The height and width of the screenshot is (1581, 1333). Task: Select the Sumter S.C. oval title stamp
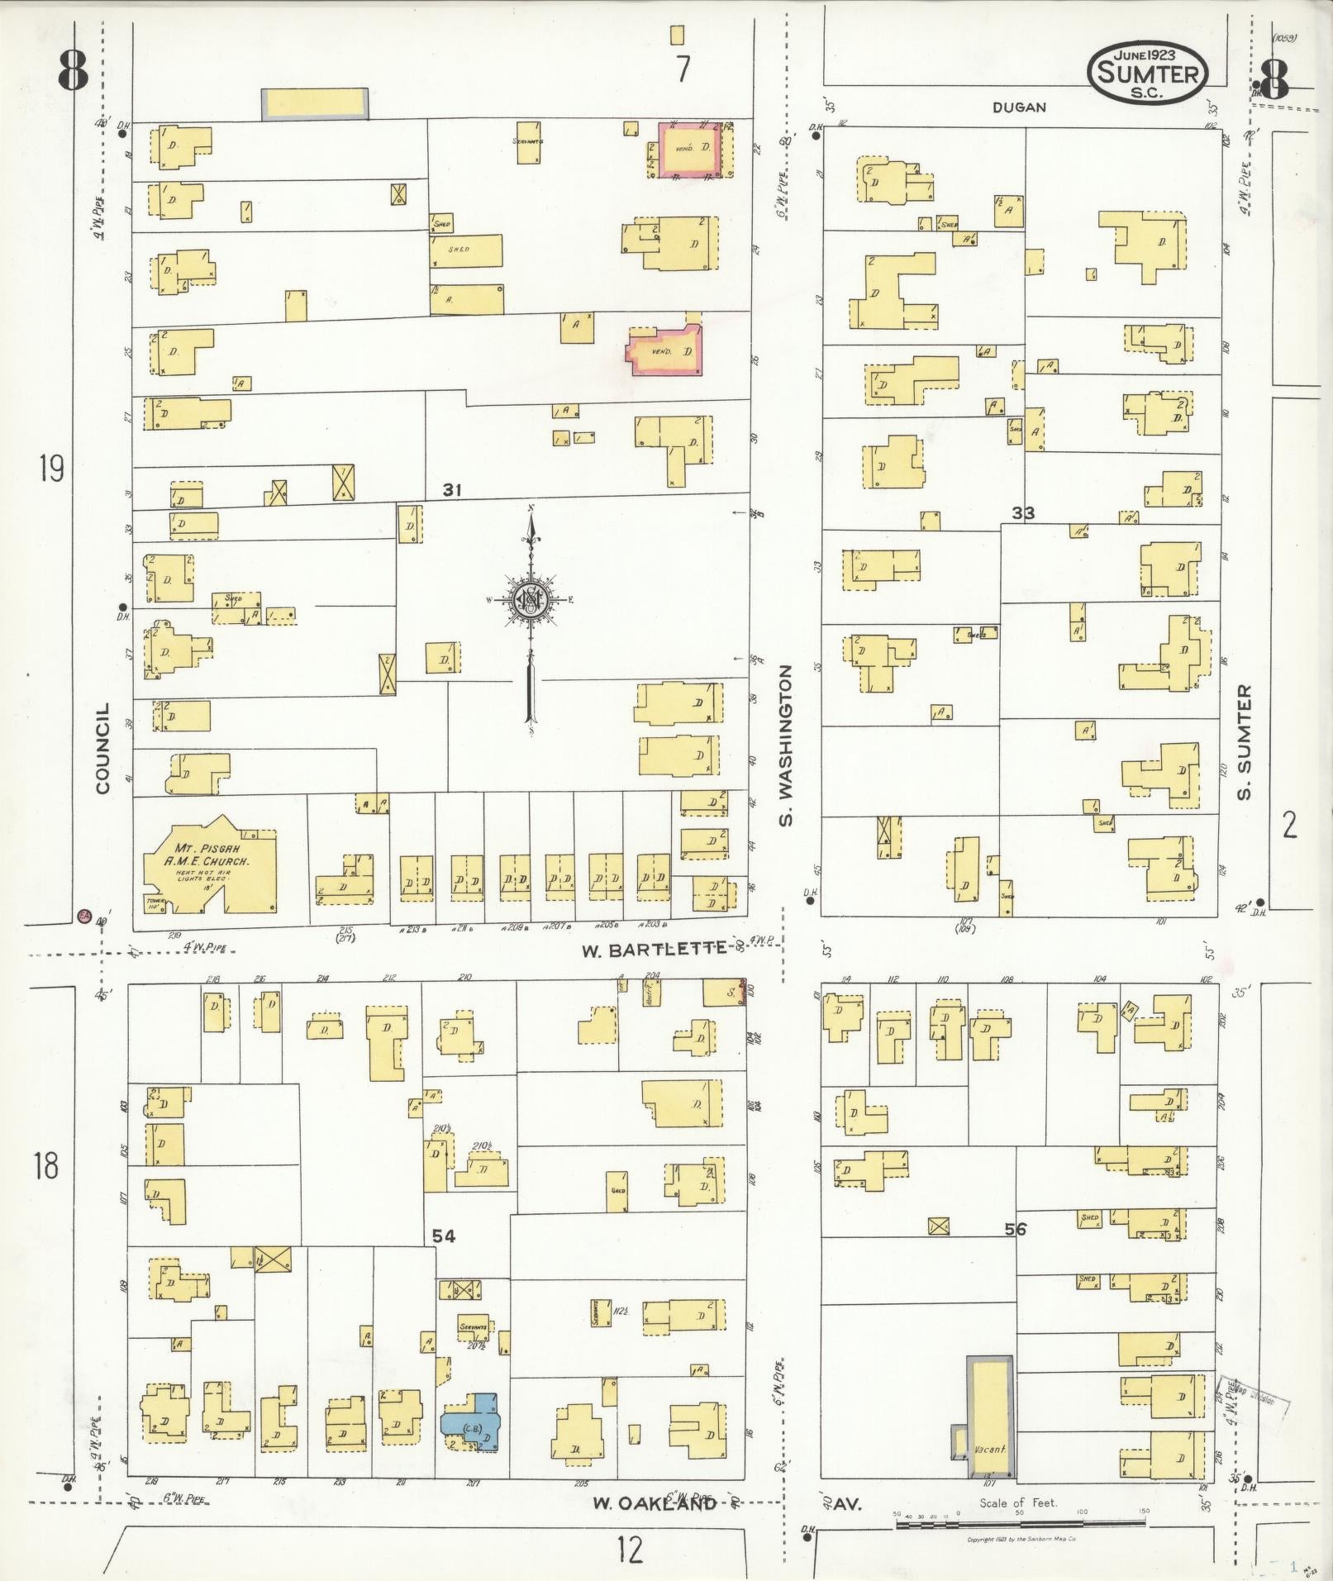pyautogui.click(x=1148, y=74)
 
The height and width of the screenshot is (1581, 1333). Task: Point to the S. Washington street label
pyautogui.click(x=786, y=745)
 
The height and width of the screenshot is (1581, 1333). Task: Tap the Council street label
pyautogui.click(x=103, y=749)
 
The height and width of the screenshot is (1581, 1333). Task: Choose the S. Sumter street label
pyautogui.click(x=1245, y=741)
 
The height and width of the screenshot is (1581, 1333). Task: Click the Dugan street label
pyautogui.click(x=1019, y=107)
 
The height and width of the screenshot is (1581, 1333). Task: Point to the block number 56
pyautogui.click(x=1016, y=1229)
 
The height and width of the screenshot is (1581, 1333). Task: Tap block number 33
pyautogui.click(x=1023, y=513)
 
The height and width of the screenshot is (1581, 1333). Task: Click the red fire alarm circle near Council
pyautogui.click(x=83, y=916)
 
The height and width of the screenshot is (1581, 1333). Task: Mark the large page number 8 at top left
pyautogui.click(x=73, y=71)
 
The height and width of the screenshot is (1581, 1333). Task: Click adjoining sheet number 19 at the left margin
pyautogui.click(x=50, y=469)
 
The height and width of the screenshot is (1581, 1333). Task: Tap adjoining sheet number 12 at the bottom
pyautogui.click(x=629, y=1550)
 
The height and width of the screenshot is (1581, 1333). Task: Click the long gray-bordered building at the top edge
pyautogui.click(x=315, y=103)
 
